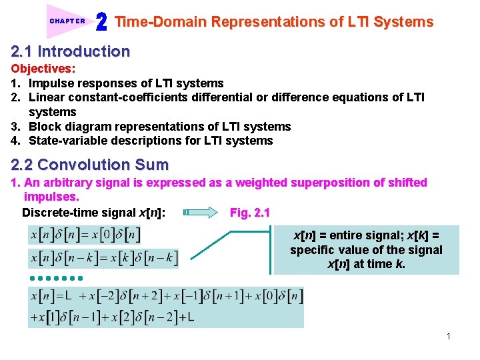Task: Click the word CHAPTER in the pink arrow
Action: (x=67, y=21)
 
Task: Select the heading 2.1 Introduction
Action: (x=70, y=51)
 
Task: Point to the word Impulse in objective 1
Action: (x=50, y=83)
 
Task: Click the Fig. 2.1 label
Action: (x=249, y=213)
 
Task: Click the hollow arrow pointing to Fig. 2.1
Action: (x=200, y=213)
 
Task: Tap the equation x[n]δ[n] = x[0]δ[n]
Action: (x=85, y=235)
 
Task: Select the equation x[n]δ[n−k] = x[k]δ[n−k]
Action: (x=103, y=258)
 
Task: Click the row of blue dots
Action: (x=55, y=277)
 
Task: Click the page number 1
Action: (x=449, y=336)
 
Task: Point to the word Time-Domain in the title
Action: (x=161, y=22)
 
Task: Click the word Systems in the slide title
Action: (x=403, y=22)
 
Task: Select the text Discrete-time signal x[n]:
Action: (x=94, y=213)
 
